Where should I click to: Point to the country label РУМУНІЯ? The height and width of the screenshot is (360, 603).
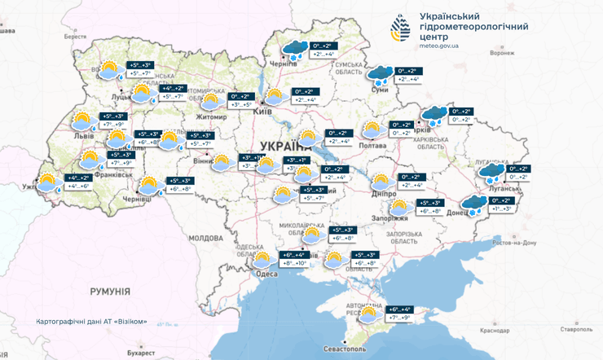click(110, 291)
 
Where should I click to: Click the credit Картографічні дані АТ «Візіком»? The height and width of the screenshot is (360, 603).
click(92, 321)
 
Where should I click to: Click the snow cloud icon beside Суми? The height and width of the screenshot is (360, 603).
click(379, 76)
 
